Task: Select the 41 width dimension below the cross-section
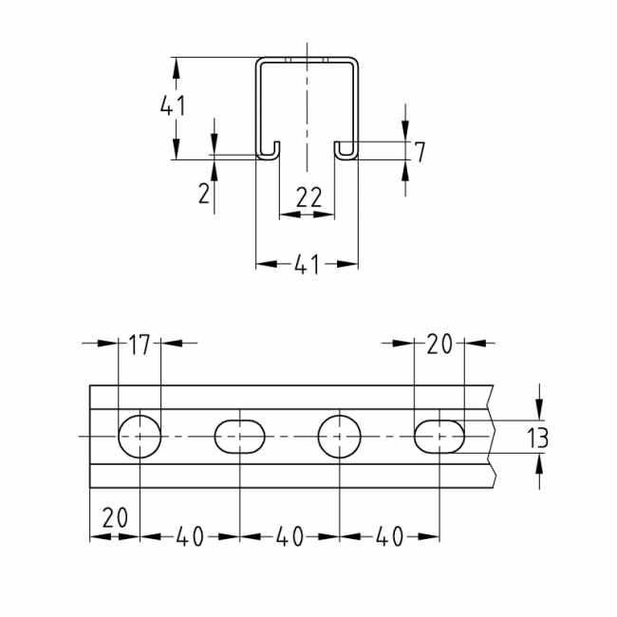(x=306, y=267)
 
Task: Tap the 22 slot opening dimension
(x=308, y=197)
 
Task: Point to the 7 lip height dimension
(x=420, y=150)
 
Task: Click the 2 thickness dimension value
(x=204, y=195)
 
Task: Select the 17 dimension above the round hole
(x=140, y=346)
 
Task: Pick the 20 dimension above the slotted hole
(x=439, y=346)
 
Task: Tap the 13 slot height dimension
(x=537, y=438)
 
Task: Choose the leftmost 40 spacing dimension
(x=190, y=537)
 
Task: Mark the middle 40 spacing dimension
(x=290, y=537)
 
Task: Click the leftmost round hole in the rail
(x=140, y=437)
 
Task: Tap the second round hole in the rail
(x=340, y=437)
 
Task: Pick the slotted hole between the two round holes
(x=239, y=437)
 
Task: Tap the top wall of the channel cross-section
(x=307, y=62)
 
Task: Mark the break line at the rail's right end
(x=493, y=437)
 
